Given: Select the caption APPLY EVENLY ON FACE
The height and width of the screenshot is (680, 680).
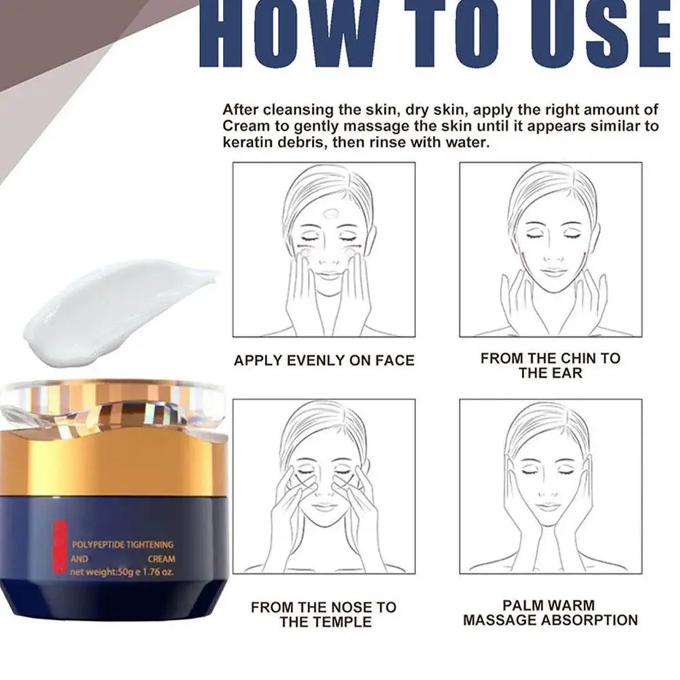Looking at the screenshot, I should point(324,361).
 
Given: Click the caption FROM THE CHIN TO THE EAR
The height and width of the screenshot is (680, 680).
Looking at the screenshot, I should point(550,365).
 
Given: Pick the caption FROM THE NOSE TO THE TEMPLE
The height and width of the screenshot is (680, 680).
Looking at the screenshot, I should point(324,614).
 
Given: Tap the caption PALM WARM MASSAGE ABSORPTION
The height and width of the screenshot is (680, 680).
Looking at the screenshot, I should point(550,612).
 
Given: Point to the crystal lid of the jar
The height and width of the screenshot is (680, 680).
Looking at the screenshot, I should point(112,408).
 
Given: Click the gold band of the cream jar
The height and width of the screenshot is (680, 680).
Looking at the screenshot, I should point(112,465).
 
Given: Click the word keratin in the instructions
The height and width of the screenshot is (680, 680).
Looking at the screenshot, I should point(247,143).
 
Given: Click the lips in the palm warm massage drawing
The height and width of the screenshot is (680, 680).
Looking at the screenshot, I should point(550,506).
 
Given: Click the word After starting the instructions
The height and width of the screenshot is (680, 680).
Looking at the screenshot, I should point(240,109).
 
